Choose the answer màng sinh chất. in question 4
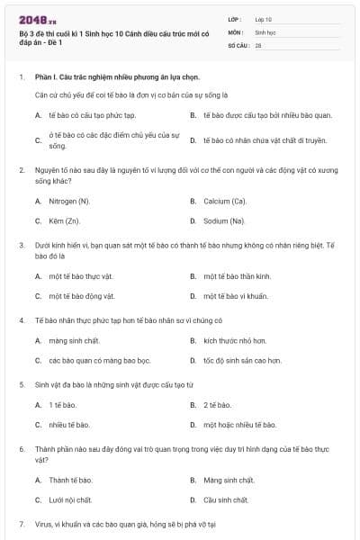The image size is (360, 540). pos(70,341)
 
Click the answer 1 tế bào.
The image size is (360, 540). pos(63,405)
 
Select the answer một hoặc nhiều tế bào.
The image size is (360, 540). pos(239,424)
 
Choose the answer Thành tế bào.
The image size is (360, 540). pos(70,480)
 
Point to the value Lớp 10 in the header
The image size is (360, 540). pos(263,18)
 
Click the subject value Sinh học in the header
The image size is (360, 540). pos(265,31)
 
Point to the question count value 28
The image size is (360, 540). pos(258,44)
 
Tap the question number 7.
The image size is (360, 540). pos(22,523)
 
